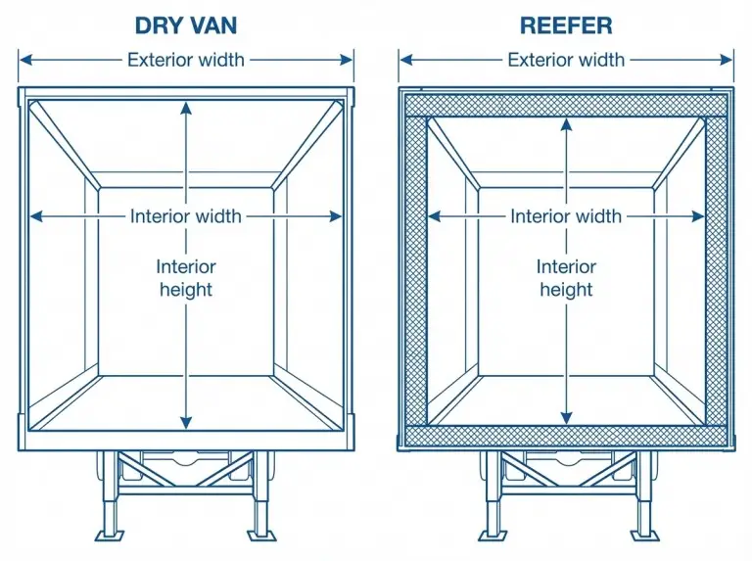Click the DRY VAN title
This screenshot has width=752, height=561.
pos(185,23)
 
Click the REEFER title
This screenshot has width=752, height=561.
pos(566,23)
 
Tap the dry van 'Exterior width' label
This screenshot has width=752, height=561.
pos(185,60)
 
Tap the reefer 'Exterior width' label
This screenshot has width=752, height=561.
pos(566,60)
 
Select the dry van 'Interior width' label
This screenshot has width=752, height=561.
pos(185,216)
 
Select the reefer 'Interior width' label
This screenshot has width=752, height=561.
pos(566,216)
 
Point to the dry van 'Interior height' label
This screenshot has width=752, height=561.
pos(185,277)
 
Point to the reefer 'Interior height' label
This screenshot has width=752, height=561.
pos(566,277)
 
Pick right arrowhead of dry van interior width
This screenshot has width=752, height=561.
pos(338,216)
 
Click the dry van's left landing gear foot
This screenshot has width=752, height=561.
pos(110,535)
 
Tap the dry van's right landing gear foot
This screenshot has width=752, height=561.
pos(261,535)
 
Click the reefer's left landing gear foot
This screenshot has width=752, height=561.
pos(490,535)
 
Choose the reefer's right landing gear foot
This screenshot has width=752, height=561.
pos(642,535)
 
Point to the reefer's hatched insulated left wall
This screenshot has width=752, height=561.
pos(415,274)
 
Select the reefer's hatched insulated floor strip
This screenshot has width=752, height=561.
pos(566,437)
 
